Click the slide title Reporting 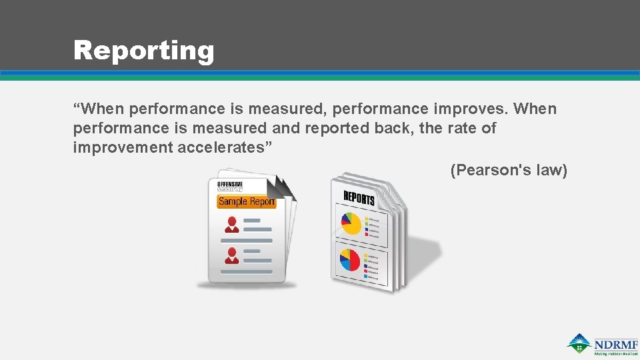(143, 51)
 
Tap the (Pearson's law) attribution (509, 171)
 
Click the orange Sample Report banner (246, 201)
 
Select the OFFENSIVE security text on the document (230, 187)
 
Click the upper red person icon (231, 224)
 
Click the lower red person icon (231, 255)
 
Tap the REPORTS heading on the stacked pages (359, 197)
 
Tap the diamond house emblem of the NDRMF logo (579, 343)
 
